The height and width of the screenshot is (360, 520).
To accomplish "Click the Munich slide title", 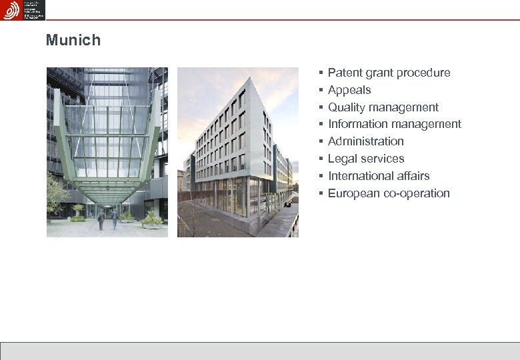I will click(73, 40).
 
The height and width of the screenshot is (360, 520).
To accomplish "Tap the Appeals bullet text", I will click(349, 90).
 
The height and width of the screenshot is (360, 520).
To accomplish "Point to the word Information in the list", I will click(358, 124).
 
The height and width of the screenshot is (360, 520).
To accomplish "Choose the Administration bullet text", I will click(366, 141).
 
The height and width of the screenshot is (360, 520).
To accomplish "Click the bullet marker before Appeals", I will click(321, 90).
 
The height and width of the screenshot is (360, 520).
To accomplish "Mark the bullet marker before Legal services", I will click(321, 159).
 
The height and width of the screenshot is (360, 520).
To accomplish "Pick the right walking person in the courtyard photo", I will click(114, 217).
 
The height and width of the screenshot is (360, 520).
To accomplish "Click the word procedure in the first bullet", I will click(425, 73).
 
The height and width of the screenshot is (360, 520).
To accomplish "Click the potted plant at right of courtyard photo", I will click(152, 219).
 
